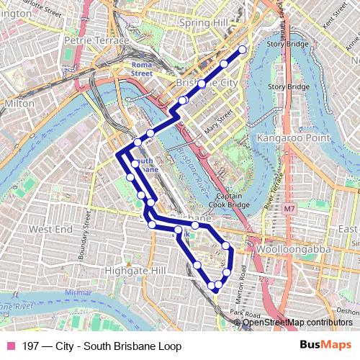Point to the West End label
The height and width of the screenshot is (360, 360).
pos(51,229)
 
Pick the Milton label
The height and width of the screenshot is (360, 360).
pos(19,104)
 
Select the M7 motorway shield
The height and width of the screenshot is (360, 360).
pos(289,210)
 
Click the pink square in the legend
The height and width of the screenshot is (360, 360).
pos(11,346)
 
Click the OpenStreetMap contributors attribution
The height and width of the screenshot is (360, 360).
pos(297,322)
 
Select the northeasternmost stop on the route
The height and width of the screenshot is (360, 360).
pos(242,50)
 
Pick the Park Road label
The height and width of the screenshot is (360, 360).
pos(246,315)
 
